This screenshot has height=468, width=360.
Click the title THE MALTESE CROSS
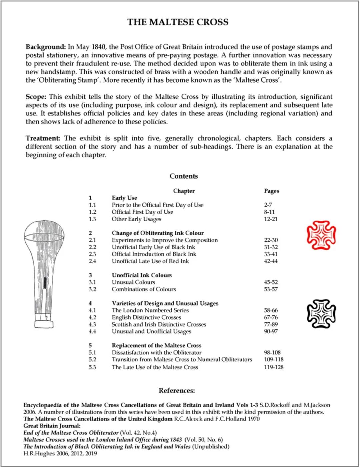(178, 22)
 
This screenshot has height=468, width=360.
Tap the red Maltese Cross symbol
(321, 235)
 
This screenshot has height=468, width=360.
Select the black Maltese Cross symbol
(321, 314)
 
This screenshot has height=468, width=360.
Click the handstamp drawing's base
(44, 324)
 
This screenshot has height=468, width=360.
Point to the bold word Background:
(46, 47)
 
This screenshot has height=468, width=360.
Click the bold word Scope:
(36, 97)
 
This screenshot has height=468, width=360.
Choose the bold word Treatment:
(43, 138)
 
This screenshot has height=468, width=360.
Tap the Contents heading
(184, 176)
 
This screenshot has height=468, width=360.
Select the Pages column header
(271, 191)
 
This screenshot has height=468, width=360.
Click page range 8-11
(269, 212)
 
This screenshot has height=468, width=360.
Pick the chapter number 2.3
(92, 254)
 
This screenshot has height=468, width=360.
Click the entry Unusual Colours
(133, 282)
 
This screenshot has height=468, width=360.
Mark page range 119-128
(274, 367)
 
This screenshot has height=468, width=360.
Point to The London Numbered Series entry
(150, 310)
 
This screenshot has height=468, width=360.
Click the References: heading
(177, 391)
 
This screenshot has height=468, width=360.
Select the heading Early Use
(124, 198)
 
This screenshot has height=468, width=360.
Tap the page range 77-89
(271, 324)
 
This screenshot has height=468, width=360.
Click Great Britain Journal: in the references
(52, 426)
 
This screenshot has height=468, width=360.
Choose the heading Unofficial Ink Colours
(142, 275)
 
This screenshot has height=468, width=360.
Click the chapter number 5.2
(92, 359)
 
